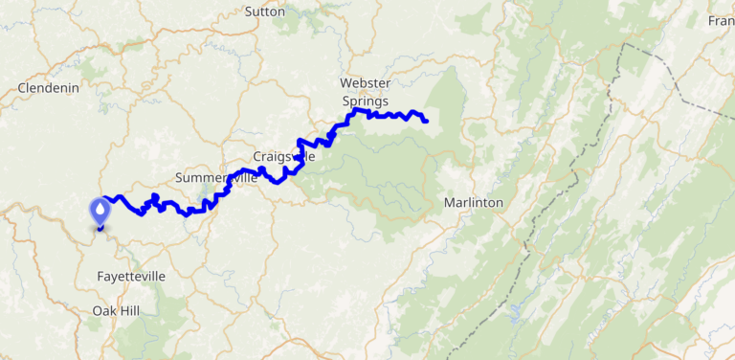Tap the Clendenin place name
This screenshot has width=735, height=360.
[48, 88]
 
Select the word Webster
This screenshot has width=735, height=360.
[365, 83]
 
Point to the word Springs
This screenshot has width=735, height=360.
[365, 100]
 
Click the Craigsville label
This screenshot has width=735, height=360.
[283, 156]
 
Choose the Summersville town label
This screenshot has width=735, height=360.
[216, 178]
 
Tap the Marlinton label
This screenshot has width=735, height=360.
[473, 203]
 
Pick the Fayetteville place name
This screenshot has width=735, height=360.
[131, 276]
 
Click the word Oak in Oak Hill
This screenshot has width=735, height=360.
[104, 310]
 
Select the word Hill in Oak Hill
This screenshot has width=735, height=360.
[129, 310]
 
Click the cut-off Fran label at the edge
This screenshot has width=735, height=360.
[721, 21]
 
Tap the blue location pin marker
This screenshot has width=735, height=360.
[100, 210]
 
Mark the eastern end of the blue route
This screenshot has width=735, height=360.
[425, 121]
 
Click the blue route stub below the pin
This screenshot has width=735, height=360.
[100, 229]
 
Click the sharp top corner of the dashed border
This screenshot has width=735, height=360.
[626, 44]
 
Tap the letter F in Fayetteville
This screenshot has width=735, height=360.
[101, 276]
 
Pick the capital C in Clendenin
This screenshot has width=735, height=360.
[22, 88]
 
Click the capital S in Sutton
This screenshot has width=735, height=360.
[249, 11]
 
